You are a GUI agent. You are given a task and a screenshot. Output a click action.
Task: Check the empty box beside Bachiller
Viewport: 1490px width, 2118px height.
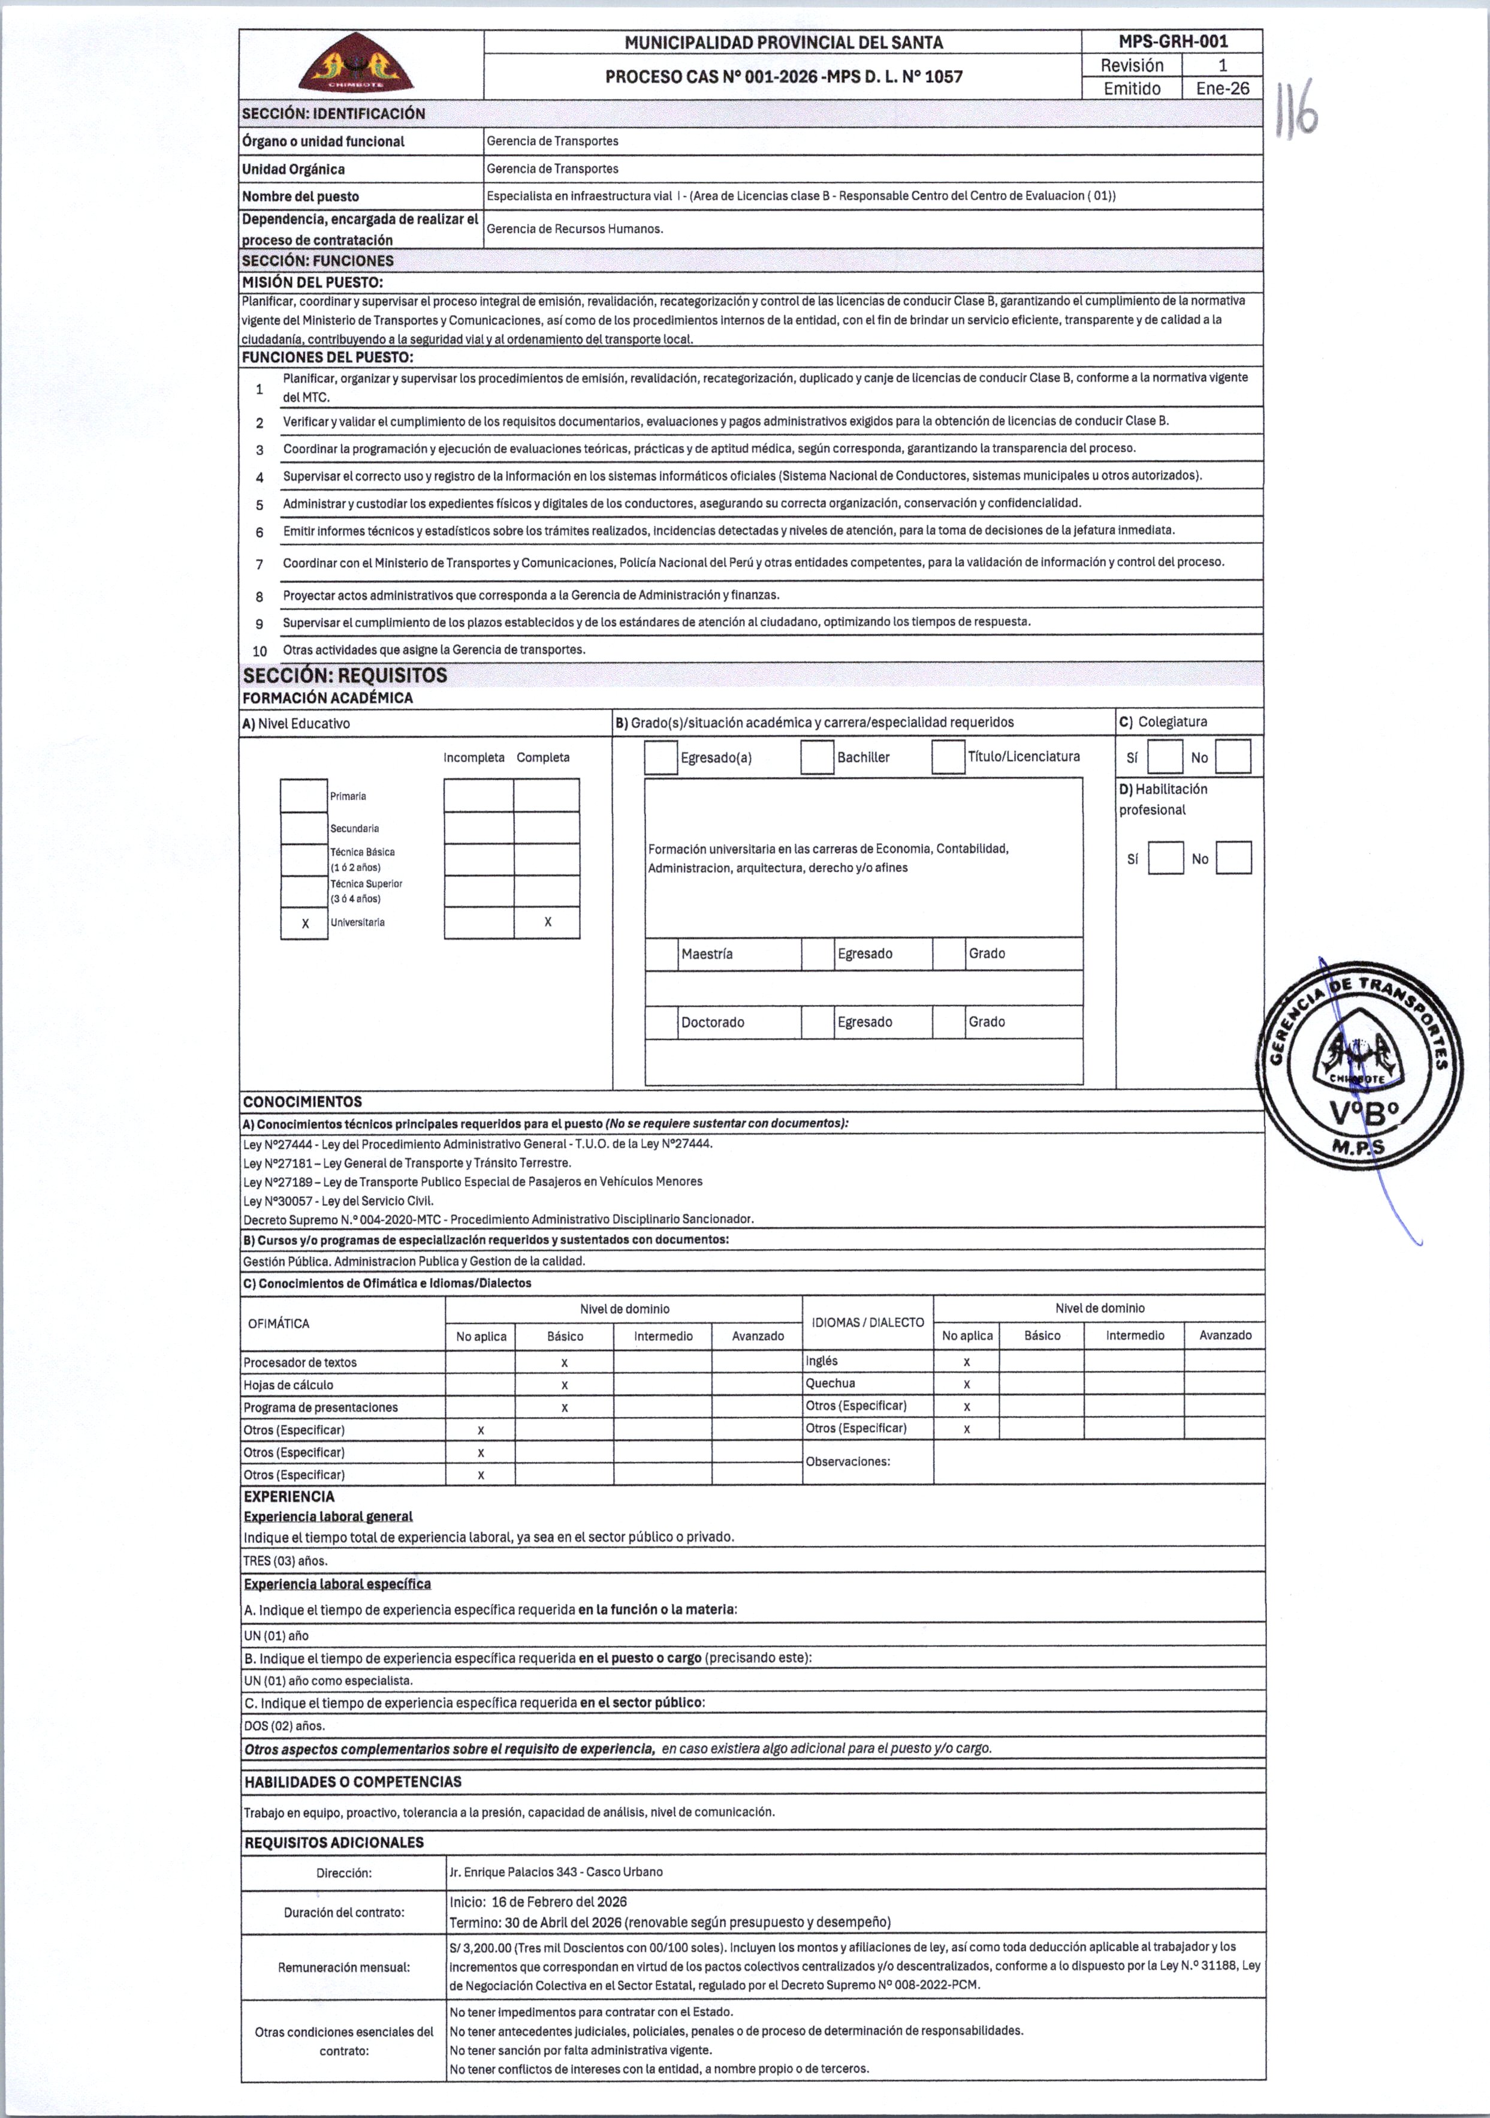[817, 757]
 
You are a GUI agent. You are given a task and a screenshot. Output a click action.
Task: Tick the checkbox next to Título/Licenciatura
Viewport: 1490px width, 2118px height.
[948, 757]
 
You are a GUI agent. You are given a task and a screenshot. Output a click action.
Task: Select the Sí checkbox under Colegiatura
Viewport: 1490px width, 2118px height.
[1165, 757]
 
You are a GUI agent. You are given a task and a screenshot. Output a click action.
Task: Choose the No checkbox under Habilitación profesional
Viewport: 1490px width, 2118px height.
[1233, 858]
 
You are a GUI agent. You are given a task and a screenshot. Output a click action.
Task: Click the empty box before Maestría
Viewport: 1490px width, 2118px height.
[661, 955]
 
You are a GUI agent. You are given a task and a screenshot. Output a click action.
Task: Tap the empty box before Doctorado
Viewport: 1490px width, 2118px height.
[661, 1022]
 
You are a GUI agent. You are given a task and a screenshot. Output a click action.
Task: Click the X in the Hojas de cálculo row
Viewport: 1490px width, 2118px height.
[564, 1385]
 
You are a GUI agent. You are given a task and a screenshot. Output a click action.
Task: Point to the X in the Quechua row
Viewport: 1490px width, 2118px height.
[966, 1383]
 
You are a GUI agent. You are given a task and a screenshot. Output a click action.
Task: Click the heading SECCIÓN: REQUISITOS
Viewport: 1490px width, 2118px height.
[345, 675]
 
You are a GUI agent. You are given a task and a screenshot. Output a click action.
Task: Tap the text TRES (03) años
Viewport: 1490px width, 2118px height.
[285, 1561]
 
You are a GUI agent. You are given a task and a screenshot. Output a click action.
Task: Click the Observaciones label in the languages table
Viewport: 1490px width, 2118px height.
[847, 1461]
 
